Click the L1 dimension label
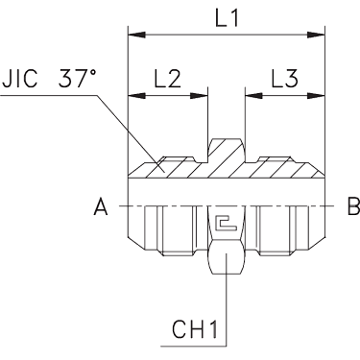coord(227,18)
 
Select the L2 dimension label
coord(168,79)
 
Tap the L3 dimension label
coord(285,79)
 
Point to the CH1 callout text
coord(195,329)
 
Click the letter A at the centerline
coord(101,206)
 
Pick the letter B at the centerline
coord(354,206)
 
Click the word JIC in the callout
coord(20,79)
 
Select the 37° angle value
coord(77,79)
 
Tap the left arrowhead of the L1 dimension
coord(137,35)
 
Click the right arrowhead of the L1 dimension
coord(316,35)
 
